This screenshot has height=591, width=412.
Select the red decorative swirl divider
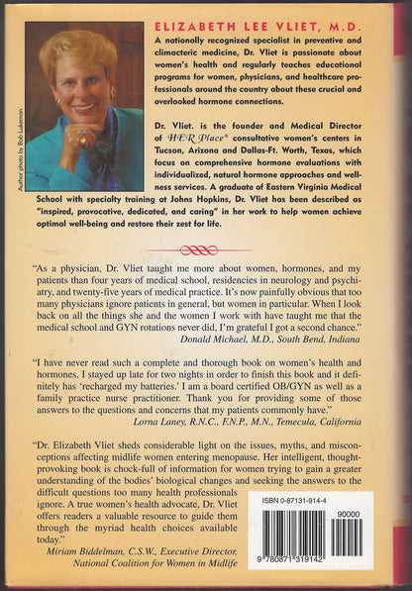[x=206, y=250]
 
